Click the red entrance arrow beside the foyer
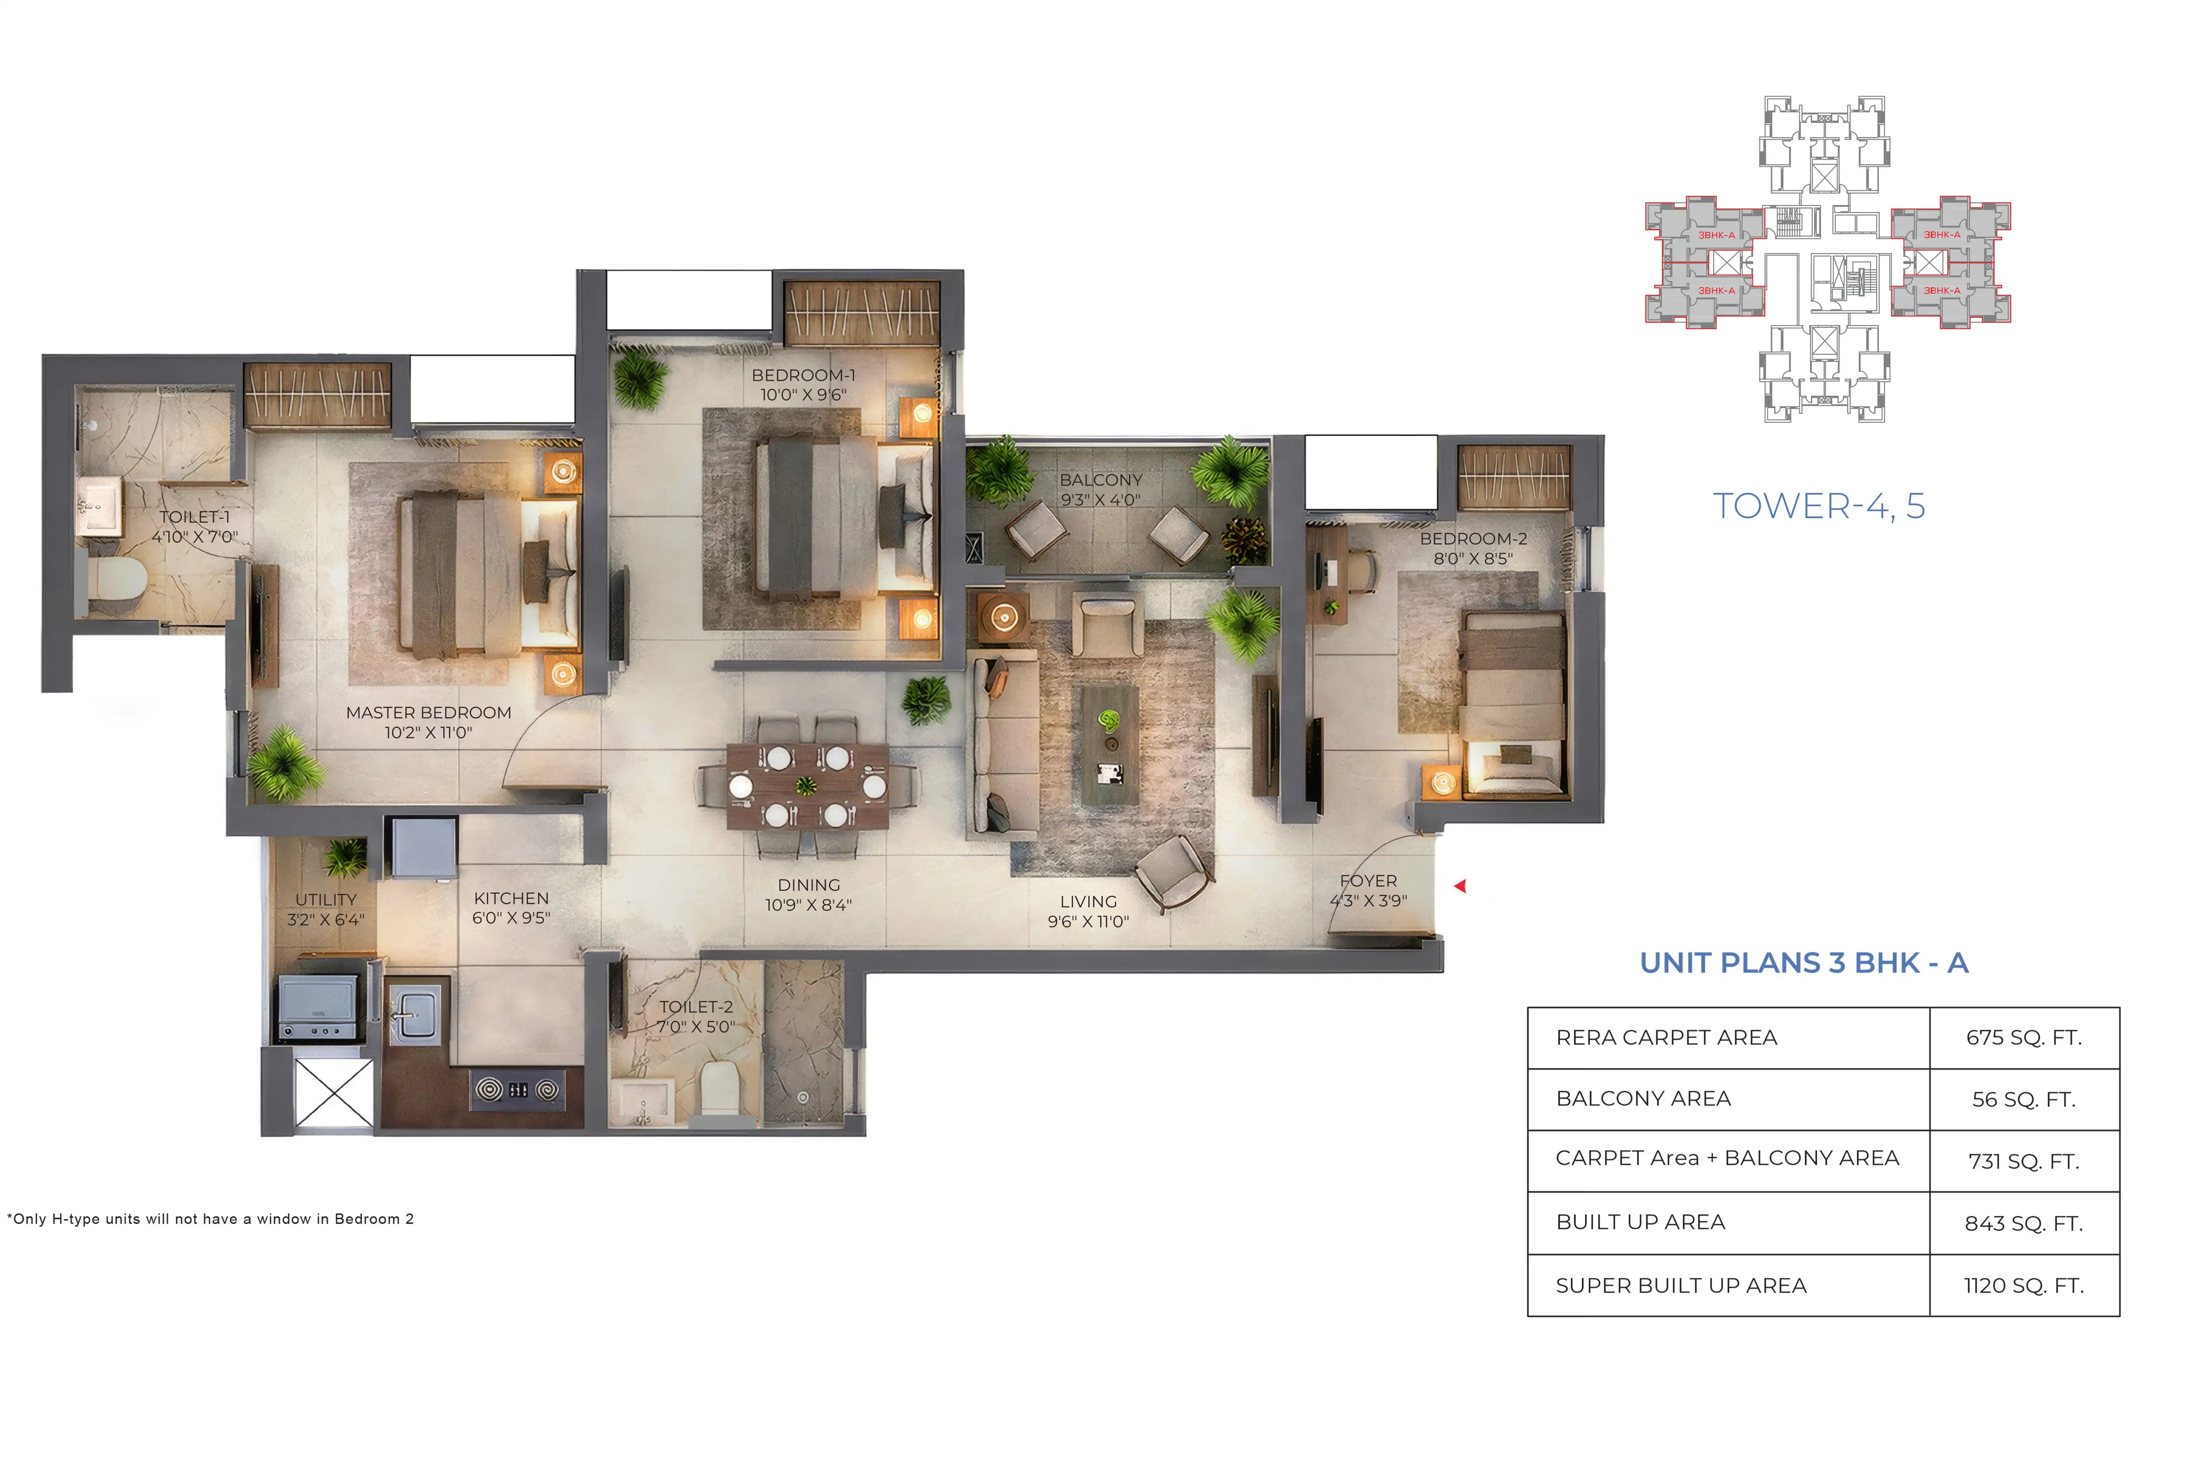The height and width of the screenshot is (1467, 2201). pos(1460,886)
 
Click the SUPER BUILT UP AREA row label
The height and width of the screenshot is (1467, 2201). pos(1680,1286)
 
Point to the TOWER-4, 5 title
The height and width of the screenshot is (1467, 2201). pos(1818,506)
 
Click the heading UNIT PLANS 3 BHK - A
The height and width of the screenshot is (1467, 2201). pos(1803,963)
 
